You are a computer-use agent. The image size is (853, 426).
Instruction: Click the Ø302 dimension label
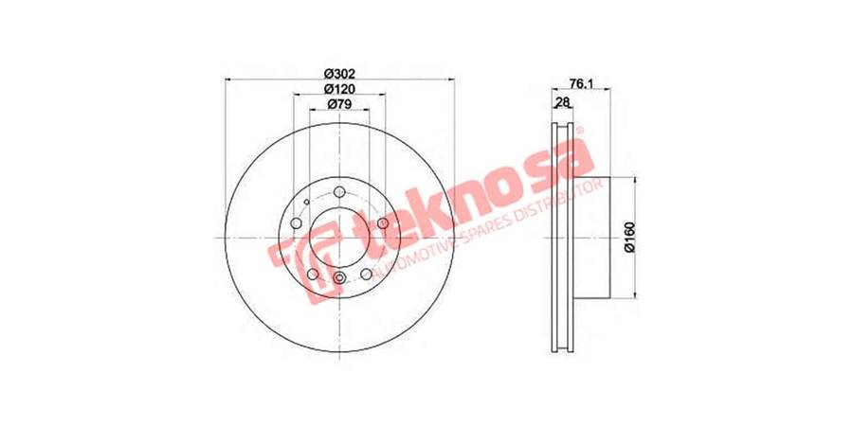point(339,74)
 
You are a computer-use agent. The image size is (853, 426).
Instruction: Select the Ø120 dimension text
point(339,89)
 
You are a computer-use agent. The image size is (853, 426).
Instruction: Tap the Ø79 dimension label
point(339,104)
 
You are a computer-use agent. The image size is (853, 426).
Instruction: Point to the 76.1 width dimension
point(580,83)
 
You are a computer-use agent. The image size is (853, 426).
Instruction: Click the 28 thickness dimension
point(562,101)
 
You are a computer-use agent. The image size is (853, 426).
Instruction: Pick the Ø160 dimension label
point(630,237)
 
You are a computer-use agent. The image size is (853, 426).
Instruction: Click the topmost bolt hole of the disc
point(339,192)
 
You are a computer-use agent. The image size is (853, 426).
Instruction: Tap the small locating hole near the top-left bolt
point(307,203)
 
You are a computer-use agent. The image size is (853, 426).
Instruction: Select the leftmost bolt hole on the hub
point(296,223)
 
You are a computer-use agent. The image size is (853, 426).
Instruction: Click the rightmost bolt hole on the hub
point(383,223)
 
